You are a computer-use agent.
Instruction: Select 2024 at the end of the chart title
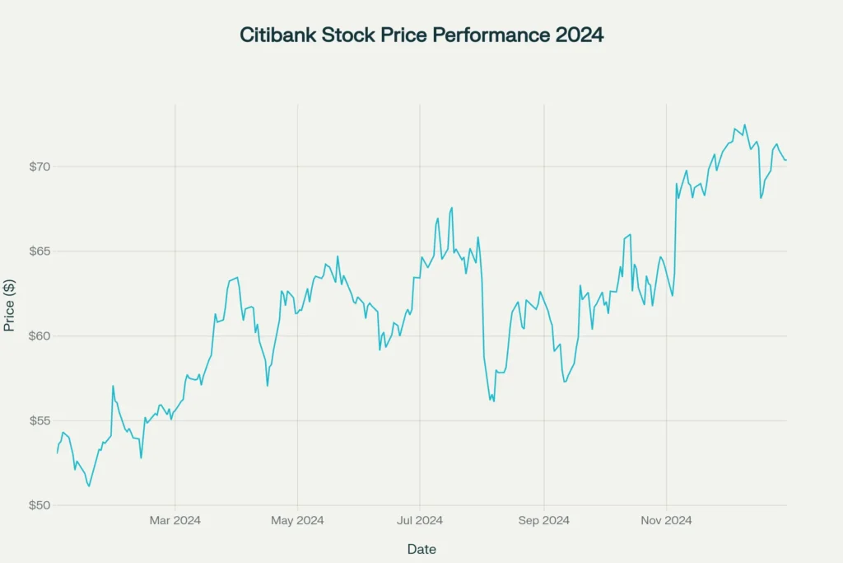coord(580,35)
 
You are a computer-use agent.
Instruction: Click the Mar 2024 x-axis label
coord(175,520)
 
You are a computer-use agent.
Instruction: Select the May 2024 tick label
coord(297,520)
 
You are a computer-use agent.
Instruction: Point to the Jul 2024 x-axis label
coord(420,520)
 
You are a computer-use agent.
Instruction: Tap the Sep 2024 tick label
coord(543,520)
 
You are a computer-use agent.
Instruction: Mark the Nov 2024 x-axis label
coord(666,520)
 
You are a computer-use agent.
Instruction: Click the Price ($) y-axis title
coord(10,305)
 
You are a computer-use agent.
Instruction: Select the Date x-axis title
coord(421,549)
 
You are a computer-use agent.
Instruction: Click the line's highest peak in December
coord(744,125)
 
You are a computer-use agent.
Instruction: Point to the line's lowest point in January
coord(89,486)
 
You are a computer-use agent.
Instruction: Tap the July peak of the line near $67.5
coord(452,208)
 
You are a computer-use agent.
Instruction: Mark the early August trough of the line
coord(493,401)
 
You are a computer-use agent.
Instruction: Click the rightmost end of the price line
coord(786,160)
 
